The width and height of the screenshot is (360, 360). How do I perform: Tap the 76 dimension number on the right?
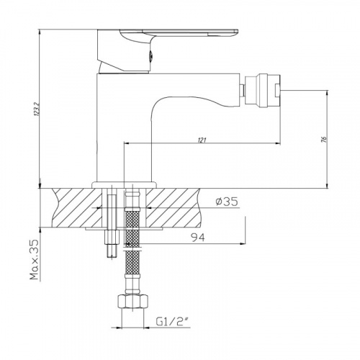[x=325, y=140]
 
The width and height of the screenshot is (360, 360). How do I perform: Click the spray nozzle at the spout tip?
[x=261, y=89]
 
